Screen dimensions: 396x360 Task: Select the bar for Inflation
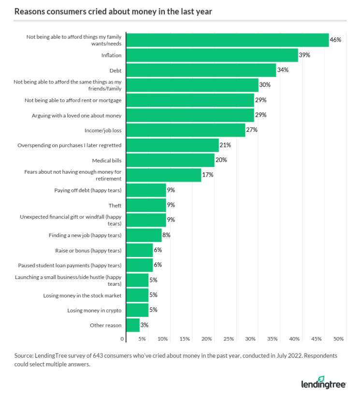pyautogui.click(x=212, y=55)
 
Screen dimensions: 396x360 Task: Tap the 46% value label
pyautogui.click(x=336, y=40)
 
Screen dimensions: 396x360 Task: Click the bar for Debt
pyautogui.click(x=201, y=70)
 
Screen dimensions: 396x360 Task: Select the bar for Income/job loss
pyautogui.click(x=186, y=130)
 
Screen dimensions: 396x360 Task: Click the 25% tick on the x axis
pyautogui.click(x=229, y=339)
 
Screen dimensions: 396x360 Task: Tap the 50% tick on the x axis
pyautogui.click(x=338, y=339)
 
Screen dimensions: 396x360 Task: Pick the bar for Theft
pyautogui.click(x=146, y=205)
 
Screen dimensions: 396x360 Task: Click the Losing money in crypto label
pyautogui.click(x=94, y=310)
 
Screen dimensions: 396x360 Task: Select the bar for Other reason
pyautogui.click(x=133, y=325)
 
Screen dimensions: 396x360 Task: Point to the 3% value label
pyautogui.click(x=144, y=325)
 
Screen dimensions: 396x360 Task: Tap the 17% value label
pyautogui.click(x=208, y=175)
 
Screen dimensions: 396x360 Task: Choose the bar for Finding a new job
pyautogui.click(x=144, y=235)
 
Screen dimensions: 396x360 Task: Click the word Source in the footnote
pyautogui.click(x=24, y=355)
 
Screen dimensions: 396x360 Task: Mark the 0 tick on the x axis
pyautogui.click(x=123, y=339)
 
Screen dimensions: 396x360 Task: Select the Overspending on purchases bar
pyautogui.click(x=173, y=145)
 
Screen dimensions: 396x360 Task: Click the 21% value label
pyautogui.click(x=225, y=145)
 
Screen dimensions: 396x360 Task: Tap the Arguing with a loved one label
pyautogui.click(x=77, y=115)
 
